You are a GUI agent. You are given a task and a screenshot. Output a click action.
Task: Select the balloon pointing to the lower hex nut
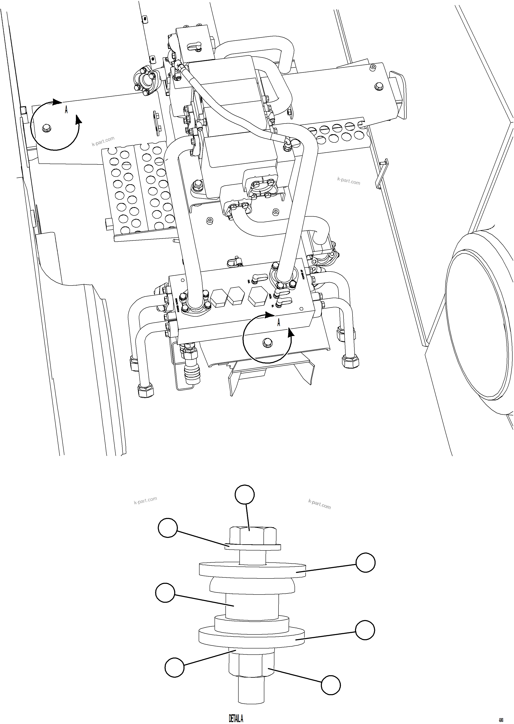click(x=331, y=685)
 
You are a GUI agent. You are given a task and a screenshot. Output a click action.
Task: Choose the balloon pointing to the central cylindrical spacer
click(x=165, y=593)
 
